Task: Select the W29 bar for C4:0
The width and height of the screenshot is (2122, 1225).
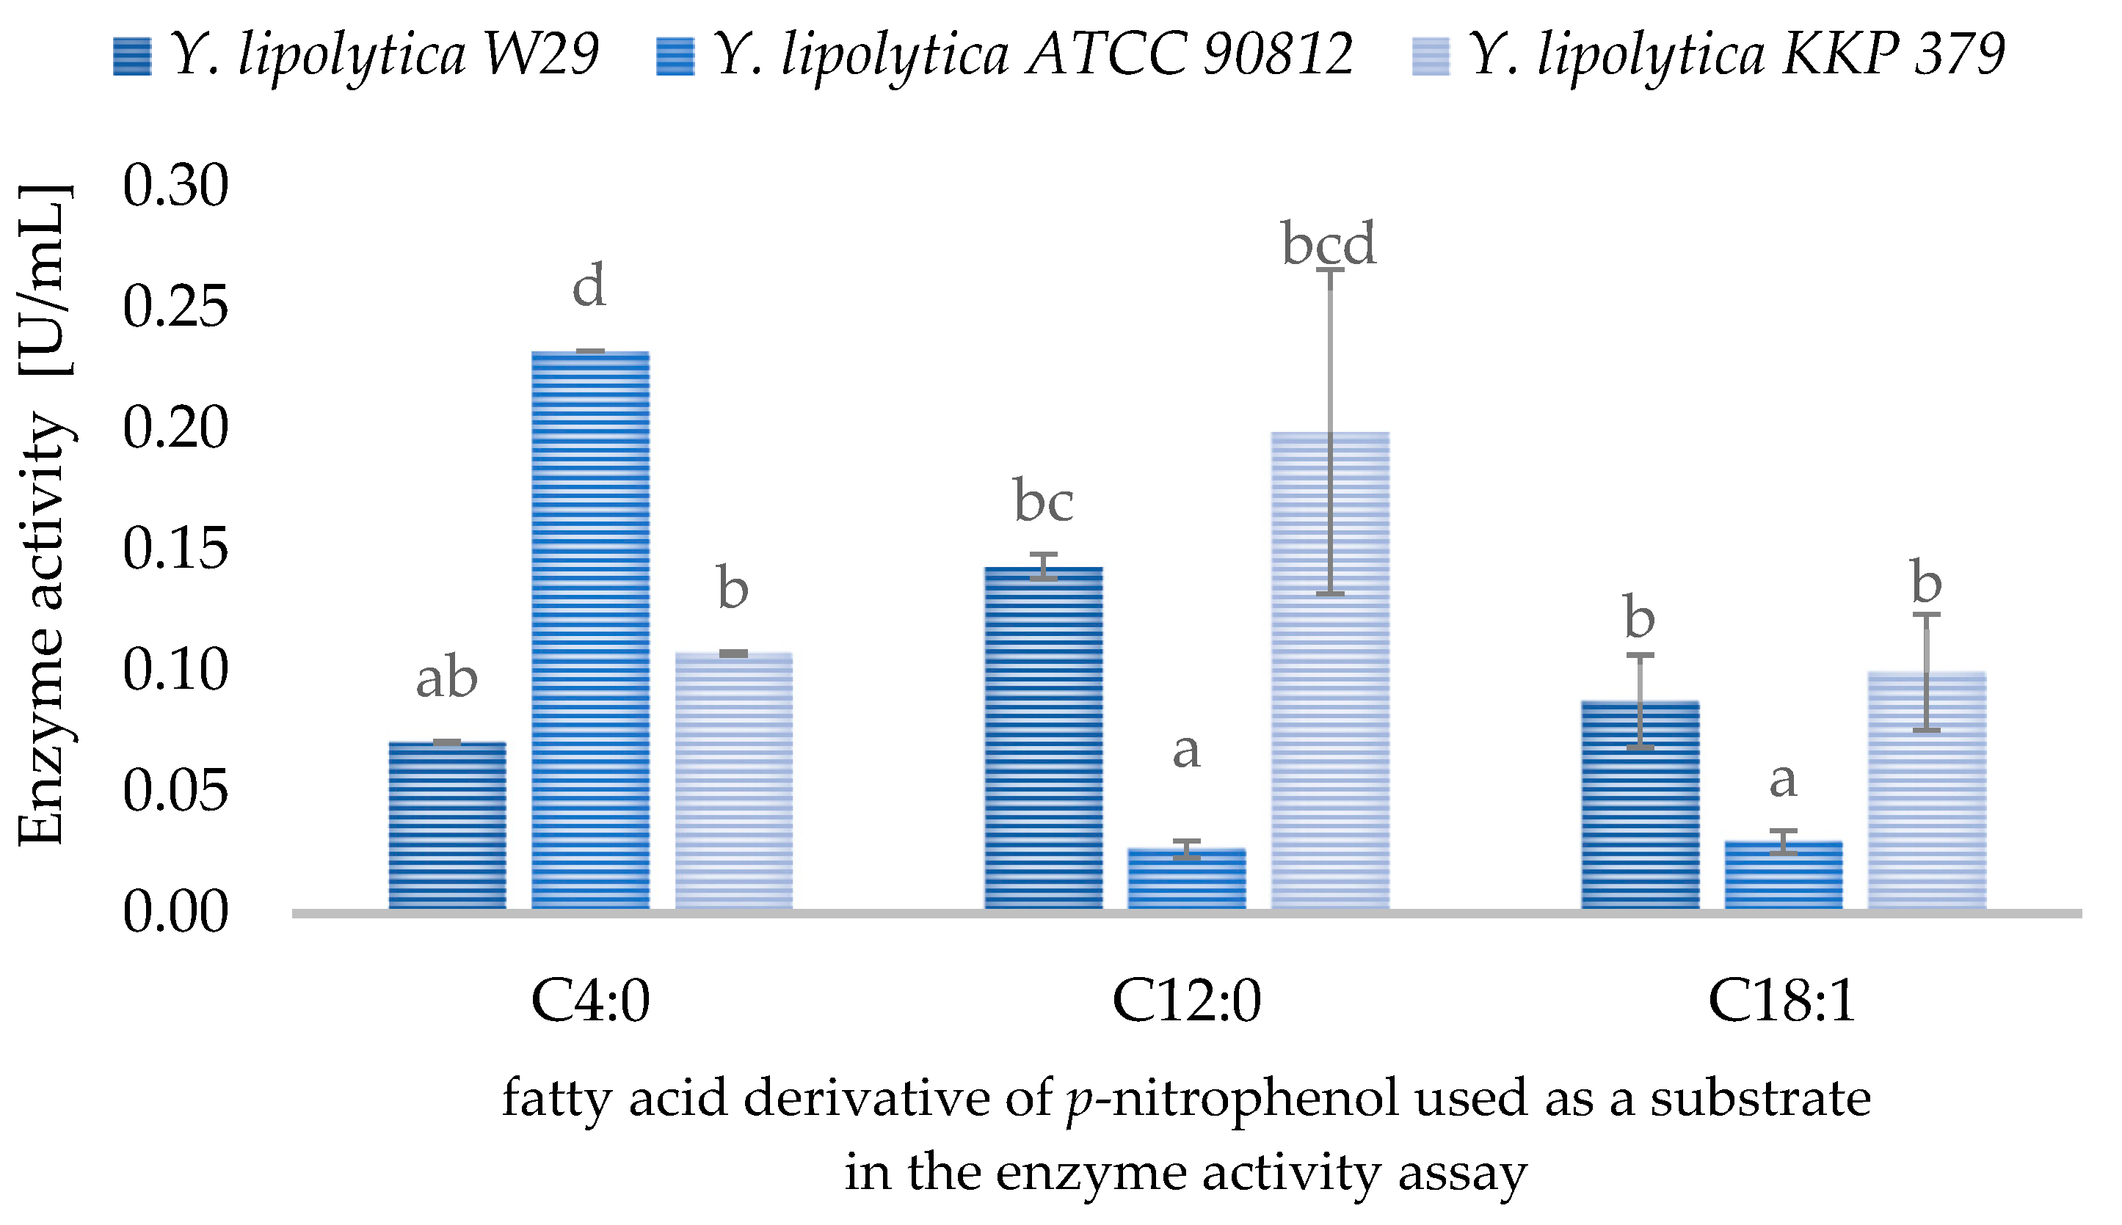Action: tap(447, 824)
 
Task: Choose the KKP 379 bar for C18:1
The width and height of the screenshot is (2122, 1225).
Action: tap(1926, 790)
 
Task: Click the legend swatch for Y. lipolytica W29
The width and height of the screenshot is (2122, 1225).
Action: tap(132, 56)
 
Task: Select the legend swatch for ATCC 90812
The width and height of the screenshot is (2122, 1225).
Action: tap(675, 56)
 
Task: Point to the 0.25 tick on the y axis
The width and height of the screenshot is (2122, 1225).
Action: tap(175, 307)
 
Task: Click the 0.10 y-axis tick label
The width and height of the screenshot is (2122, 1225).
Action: tap(175, 670)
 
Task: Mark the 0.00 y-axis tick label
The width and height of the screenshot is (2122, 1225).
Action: tap(175, 912)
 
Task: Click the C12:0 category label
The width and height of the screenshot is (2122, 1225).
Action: tap(1186, 1001)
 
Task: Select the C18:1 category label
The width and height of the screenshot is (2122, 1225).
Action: tap(1782, 1001)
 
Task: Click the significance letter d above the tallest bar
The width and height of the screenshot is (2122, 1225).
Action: tap(589, 285)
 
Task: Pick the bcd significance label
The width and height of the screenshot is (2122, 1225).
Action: tap(1329, 244)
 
